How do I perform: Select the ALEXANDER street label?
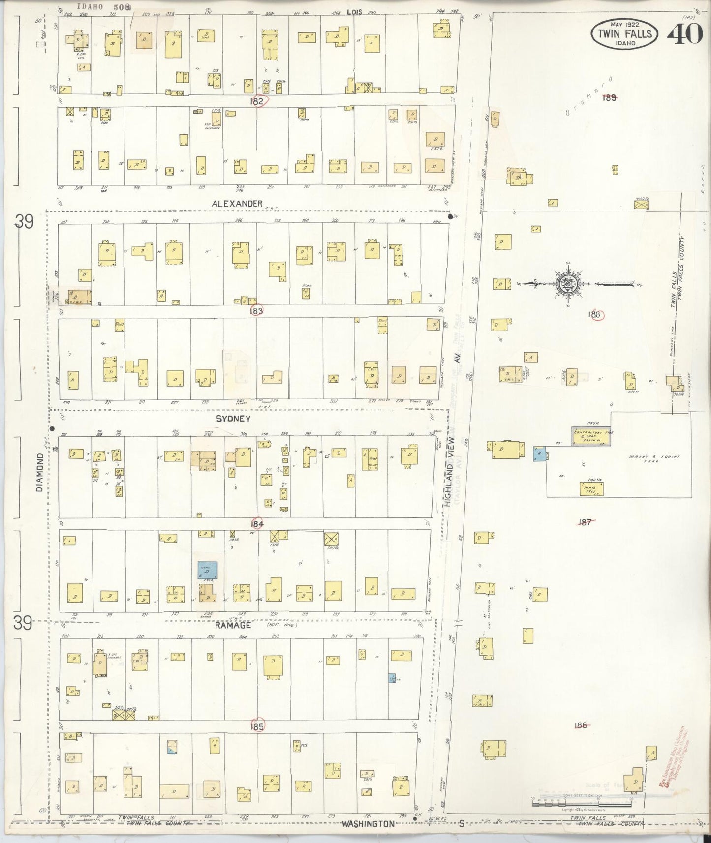pyautogui.click(x=237, y=203)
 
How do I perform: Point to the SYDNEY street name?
pyautogui.click(x=233, y=419)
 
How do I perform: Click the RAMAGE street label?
pyautogui.click(x=233, y=625)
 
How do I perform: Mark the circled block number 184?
pyautogui.click(x=257, y=524)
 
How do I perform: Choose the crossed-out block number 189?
pyautogui.click(x=609, y=97)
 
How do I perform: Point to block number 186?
pyautogui.click(x=581, y=725)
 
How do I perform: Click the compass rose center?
pyautogui.click(x=564, y=284)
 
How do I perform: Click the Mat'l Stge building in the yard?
pyautogui.click(x=591, y=488)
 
